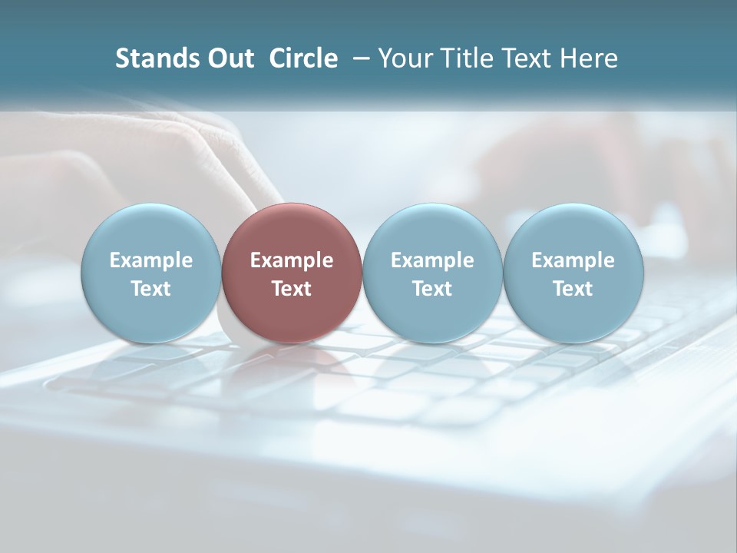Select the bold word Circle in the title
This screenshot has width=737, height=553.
[x=303, y=58]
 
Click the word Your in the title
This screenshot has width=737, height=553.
[x=405, y=58]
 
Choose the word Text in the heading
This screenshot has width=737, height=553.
[x=530, y=58]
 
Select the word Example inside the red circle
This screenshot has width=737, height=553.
[x=292, y=260]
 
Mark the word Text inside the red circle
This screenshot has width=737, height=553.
[x=292, y=289]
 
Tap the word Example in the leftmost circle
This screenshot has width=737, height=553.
[x=151, y=260]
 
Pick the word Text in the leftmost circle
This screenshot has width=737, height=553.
[x=151, y=289]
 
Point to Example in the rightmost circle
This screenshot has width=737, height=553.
[x=573, y=260]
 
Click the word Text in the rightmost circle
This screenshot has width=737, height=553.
[x=573, y=289]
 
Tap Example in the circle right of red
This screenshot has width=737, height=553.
[x=432, y=260]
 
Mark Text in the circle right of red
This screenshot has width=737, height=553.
[x=432, y=289]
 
